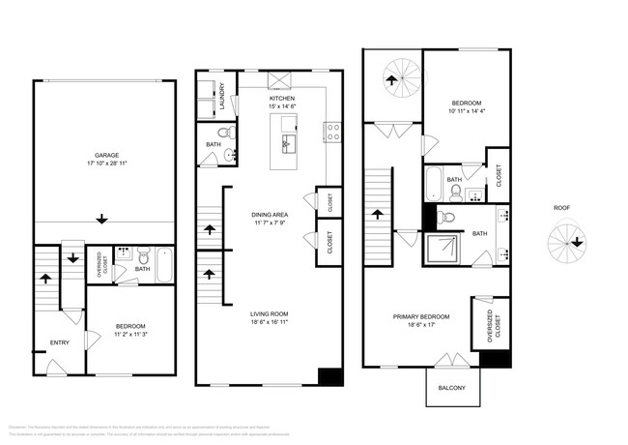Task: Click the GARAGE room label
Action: click(x=105, y=155)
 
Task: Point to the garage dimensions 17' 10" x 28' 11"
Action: click(x=105, y=163)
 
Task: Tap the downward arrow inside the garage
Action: click(x=102, y=220)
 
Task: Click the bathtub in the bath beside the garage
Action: click(x=164, y=265)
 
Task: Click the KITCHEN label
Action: click(x=282, y=99)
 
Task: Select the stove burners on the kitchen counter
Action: click(x=331, y=132)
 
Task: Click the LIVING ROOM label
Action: click(x=269, y=313)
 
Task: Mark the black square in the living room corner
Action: click(x=330, y=376)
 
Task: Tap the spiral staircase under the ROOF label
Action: click(x=560, y=241)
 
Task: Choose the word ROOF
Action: click(x=560, y=207)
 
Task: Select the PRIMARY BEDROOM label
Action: click(x=421, y=316)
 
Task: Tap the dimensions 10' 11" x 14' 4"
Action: click(x=467, y=111)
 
